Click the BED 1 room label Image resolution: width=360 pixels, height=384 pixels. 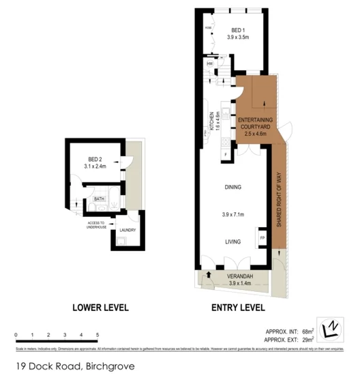237,31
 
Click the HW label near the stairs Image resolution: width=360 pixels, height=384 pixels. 209,65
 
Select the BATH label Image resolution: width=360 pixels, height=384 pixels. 98,199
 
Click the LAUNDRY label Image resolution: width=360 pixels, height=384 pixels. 127,230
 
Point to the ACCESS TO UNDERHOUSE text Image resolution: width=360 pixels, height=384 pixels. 96,225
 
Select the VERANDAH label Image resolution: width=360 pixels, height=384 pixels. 234,276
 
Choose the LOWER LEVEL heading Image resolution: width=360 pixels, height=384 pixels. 100,308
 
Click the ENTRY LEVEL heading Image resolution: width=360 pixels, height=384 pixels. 237,308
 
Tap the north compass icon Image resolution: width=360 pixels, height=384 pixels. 329,329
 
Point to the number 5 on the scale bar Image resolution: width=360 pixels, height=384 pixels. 98,335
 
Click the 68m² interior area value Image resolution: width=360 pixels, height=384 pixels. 307,331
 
